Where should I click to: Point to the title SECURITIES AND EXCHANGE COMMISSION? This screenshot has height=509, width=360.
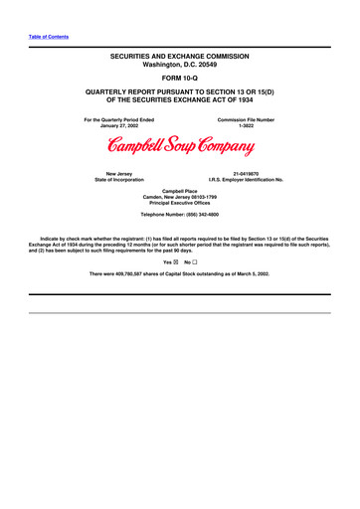pos(180,59)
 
